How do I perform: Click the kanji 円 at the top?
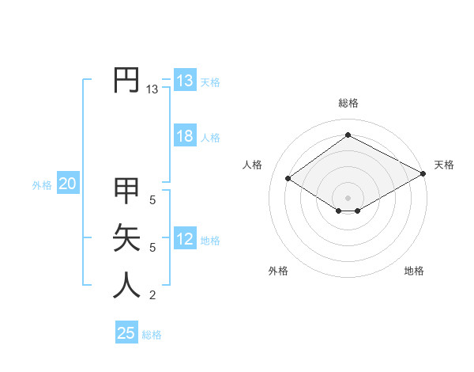pos(126,80)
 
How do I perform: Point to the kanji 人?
pos(126,285)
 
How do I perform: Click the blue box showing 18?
pos(185,136)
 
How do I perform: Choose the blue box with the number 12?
pos(185,239)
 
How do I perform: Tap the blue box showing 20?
pos(68,184)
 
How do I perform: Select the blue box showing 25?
pos(126,333)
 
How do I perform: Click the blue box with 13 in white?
pos(185,81)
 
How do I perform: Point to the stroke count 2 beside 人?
pos(152,296)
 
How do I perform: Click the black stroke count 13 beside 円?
pos(152,90)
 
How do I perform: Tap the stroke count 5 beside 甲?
pos(152,200)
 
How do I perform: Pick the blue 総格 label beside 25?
pos(152,335)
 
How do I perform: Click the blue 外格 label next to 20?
pos(42,185)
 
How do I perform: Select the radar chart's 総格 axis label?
pos(348,103)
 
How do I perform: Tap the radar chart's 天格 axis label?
pos(444,165)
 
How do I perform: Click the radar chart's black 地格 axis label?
pos(414,271)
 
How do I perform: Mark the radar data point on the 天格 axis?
pos(424,174)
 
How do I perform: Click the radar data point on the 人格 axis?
pos(288,179)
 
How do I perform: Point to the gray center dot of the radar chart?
pos(348,197)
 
